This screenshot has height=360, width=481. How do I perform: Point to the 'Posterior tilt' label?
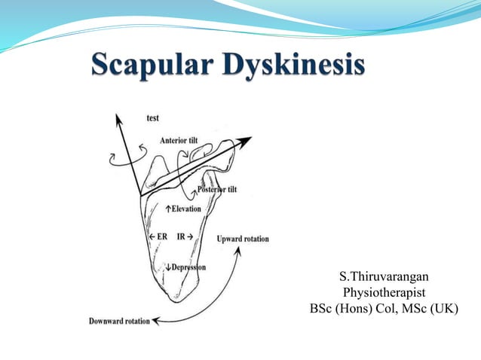(x=217, y=190)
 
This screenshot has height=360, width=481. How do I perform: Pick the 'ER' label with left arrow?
(x=158, y=236)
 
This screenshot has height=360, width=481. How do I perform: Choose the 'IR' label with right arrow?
(x=184, y=236)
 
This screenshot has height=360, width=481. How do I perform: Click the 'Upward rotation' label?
(x=244, y=239)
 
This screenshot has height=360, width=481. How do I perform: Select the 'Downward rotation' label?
(x=119, y=321)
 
